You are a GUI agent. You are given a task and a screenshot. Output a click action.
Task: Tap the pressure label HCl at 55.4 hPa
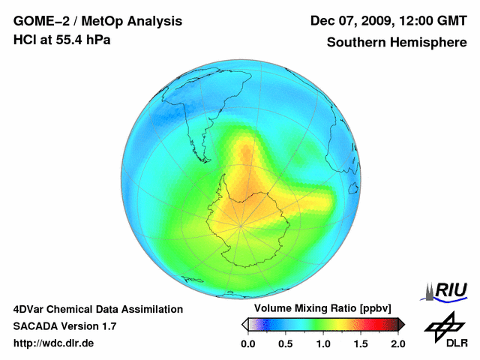pyautogui.click(x=62, y=40)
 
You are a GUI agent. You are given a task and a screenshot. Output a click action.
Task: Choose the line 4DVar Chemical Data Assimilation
pyautogui.click(x=98, y=309)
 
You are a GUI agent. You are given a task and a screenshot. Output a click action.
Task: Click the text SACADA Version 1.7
pyautogui.click(x=64, y=326)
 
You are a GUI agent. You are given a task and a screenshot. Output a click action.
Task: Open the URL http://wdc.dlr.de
pyautogui.click(x=54, y=343)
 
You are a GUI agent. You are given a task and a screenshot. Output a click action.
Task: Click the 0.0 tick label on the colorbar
pyautogui.click(x=248, y=343)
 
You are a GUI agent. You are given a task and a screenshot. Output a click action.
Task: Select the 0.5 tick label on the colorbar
pyautogui.click(x=286, y=343)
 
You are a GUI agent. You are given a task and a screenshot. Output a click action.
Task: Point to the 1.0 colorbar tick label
pyautogui.click(x=323, y=343)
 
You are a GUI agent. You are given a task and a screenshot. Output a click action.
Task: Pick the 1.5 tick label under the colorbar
pyautogui.click(x=361, y=343)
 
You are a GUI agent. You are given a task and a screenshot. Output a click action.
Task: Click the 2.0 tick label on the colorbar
pyautogui.click(x=397, y=343)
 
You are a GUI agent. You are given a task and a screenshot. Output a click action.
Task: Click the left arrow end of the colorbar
pyautogui.click(x=244, y=324)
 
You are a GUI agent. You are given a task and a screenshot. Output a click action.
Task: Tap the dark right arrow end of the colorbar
pyautogui.click(x=401, y=324)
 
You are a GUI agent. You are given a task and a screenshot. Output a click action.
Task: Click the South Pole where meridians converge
pyautogui.click(x=241, y=225)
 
